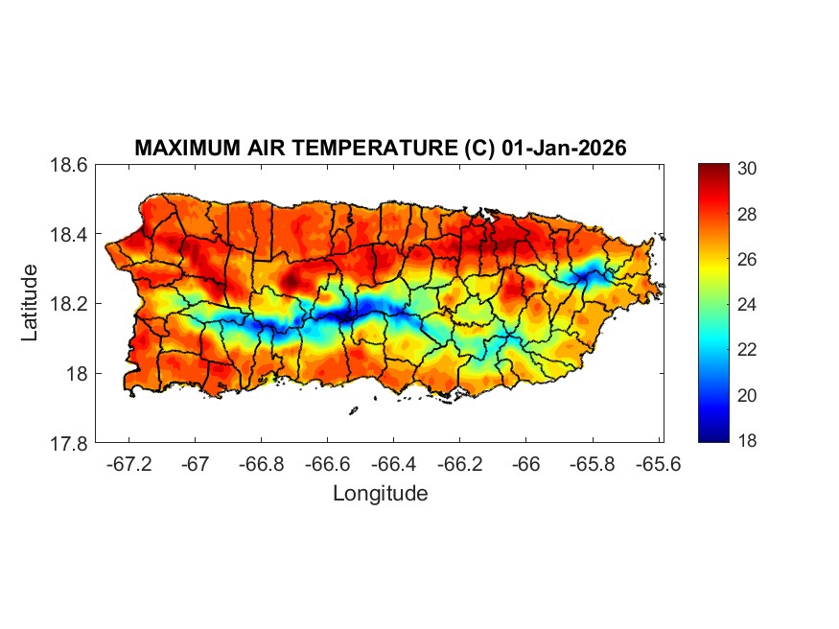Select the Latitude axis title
click(x=30, y=303)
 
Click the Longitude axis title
click(x=380, y=494)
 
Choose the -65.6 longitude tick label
click(x=658, y=463)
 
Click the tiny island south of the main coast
click(x=353, y=410)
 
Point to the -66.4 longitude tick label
click(x=393, y=463)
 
